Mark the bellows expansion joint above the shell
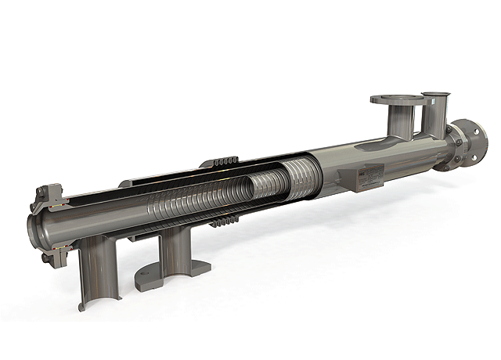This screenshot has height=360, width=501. tap(222, 164)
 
